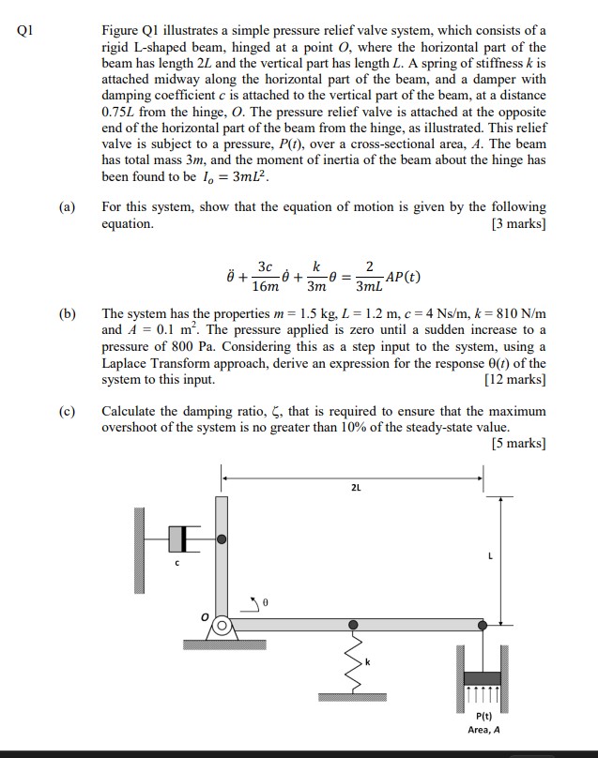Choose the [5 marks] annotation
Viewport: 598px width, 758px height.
[x=517, y=444]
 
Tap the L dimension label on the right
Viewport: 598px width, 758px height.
[x=490, y=557]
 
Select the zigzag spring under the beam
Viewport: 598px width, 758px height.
[x=354, y=667]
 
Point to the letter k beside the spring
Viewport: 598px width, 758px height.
[x=368, y=663]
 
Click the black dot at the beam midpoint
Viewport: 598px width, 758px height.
[x=354, y=625]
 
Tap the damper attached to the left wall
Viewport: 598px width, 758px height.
[x=184, y=538]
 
